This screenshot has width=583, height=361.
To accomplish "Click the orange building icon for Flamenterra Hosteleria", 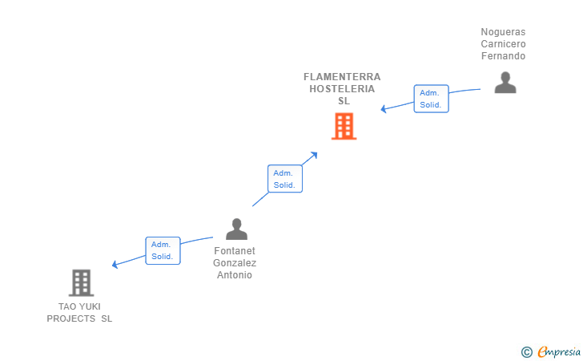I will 344,126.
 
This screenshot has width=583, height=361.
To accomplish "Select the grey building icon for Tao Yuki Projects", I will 81,282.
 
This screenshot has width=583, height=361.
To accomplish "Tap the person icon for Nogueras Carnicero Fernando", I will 505,83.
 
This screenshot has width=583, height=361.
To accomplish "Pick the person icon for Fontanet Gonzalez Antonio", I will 236,229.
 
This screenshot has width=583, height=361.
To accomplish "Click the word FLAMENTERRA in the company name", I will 342,77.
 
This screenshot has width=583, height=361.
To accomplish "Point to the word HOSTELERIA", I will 342,89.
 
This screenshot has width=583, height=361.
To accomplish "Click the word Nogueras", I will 503,32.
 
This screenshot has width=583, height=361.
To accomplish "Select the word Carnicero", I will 503,44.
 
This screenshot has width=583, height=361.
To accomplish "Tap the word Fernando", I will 503,56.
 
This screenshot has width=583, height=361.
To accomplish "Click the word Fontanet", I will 235,250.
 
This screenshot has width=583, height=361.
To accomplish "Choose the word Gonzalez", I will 235,262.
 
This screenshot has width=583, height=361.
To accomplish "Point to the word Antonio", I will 235,275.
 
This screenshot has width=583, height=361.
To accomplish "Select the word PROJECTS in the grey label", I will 71,318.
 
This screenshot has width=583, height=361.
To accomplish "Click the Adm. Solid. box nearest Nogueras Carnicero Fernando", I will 431,99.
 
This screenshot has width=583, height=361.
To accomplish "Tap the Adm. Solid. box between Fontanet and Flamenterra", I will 284,179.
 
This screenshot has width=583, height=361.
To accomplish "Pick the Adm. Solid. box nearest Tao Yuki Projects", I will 163,251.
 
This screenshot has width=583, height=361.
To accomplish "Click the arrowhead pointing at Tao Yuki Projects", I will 115,265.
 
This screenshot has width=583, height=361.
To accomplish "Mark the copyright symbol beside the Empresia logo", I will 526,351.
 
